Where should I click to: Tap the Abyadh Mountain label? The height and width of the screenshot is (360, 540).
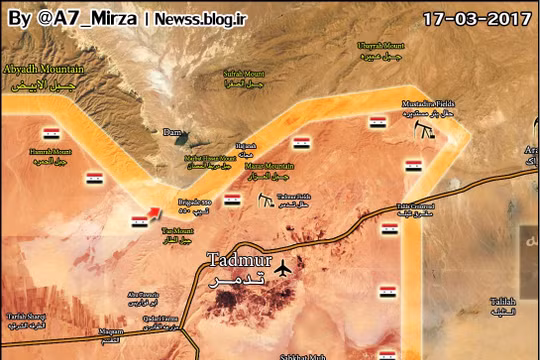point(44,70)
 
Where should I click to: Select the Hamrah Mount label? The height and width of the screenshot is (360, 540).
point(60,153)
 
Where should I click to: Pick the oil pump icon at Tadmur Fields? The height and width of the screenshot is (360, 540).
point(264,199)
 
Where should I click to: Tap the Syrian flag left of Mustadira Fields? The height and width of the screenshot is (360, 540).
point(377,122)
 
